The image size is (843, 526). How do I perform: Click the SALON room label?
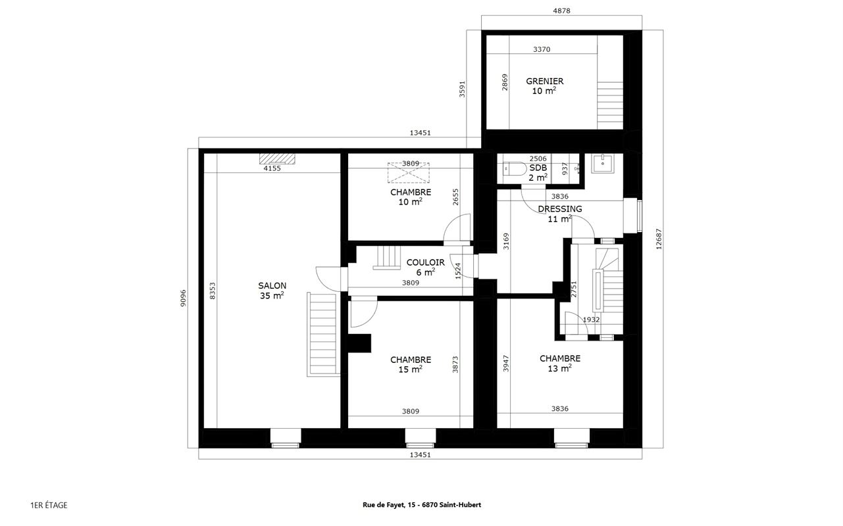pyautogui.click(x=272, y=291)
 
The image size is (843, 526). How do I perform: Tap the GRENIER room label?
pyautogui.click(x=544, y=86)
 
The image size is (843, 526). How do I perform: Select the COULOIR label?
pyautogui.click(x=425, y=267)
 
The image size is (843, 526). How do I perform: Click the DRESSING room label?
pyautogui.click(x=559, y=214)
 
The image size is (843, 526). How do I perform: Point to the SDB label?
pyautogui.click(x=538, y=172)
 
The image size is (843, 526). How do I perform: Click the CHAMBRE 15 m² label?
pyautogui.click(x=411, y=364)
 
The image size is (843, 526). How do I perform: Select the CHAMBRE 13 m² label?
pyautogui.click(x=559, y=364)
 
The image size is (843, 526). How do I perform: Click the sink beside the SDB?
pyautogui.click(x=601, y=162)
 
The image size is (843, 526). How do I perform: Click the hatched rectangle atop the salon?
pyautogui.click(x=278, y=158)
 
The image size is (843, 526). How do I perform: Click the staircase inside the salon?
pyautogui.click(x=322, y=335)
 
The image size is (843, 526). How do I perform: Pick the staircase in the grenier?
pyautogui.click(x=609, y=105)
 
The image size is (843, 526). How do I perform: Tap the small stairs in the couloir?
pyautogui.click(x=386, y=257)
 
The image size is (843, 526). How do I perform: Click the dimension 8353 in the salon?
pyautogui.click(x=213, y=291)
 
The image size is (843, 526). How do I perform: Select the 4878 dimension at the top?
pyautogui.click(x=561, y=10)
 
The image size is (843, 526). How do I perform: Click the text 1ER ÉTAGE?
pyautogui.click(x=49, y=505)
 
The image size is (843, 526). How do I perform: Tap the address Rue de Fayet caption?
pyautogui.click(x=421, y=505)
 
